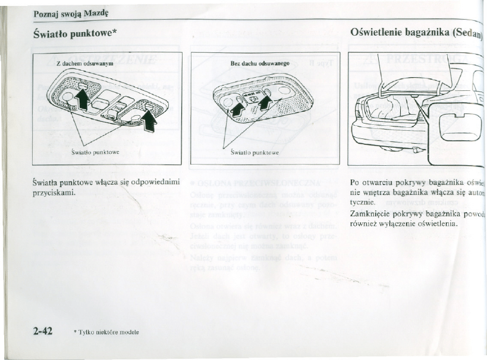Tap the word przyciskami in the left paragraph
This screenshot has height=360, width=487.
click(x=53, y=193)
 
